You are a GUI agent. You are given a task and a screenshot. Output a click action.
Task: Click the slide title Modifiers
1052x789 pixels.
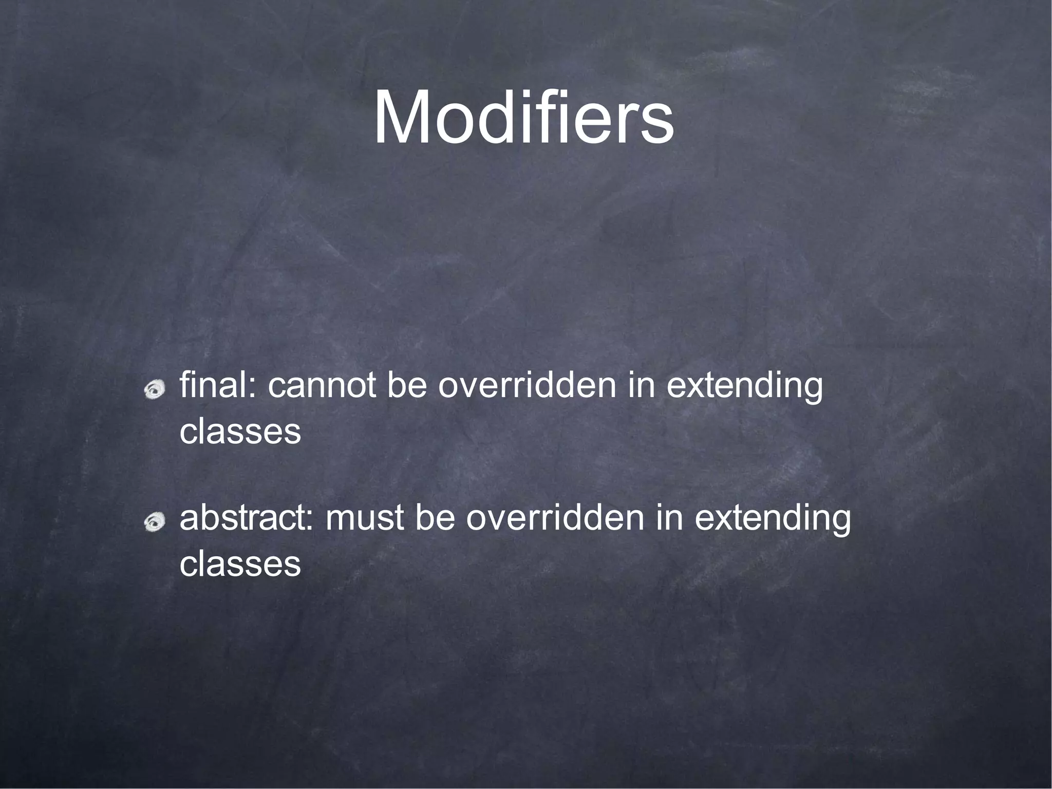[523, 118]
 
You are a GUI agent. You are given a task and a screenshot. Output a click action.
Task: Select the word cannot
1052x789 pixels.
[322, 386]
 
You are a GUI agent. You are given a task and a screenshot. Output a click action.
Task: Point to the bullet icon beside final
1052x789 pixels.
[154, 391]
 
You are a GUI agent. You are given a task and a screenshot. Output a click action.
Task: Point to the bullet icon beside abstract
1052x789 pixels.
[154, 523]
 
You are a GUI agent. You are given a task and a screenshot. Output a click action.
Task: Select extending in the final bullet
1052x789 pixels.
[744, 386]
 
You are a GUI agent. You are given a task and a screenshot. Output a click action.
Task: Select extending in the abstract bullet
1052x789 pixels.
[773, 519]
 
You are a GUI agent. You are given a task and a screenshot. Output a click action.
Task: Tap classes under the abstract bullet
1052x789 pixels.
[240, 564]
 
